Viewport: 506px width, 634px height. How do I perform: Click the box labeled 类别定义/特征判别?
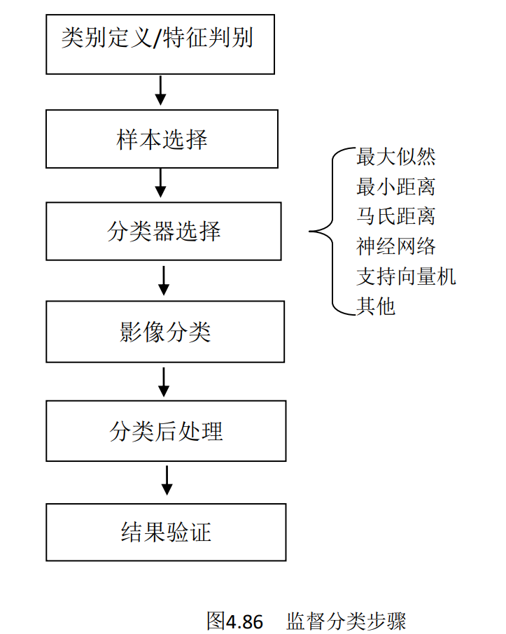coord(160,45)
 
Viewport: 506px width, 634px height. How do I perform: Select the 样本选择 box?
coord(162,139)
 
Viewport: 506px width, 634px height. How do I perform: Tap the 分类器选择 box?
coord(163,232)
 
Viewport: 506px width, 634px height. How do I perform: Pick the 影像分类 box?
coord(165,332)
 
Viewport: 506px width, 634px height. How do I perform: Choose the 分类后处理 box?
coord(166,431)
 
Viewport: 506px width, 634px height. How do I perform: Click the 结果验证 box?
coord(166,532)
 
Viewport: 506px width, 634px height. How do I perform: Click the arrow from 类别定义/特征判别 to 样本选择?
coord(160,90)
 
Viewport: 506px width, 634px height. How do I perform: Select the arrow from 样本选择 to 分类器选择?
coord(160,183)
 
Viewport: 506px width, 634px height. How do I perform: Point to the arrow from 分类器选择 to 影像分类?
coord(163,281)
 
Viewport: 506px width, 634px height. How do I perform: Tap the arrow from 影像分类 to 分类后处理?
coord(163,382)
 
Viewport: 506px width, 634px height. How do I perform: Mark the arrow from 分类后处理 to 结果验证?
coord(167,481)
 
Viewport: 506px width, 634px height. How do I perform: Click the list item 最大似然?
coord(395,157)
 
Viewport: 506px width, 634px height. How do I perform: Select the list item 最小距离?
coord(395,187)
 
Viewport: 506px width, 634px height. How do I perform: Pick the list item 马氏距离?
coord(395,216)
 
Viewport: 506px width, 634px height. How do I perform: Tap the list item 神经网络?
coord(395,246)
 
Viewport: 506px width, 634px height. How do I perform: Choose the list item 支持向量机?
coord(406,276)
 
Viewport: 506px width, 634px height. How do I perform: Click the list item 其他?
coord(375,306)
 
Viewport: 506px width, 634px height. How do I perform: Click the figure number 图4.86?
coord(234,621)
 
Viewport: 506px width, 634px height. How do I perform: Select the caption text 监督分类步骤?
coord(346,621)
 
